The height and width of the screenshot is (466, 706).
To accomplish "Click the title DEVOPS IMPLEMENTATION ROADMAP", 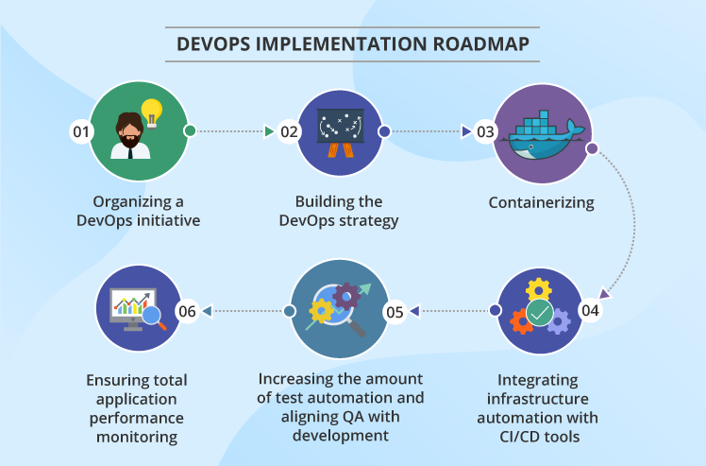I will [x=353, y=43].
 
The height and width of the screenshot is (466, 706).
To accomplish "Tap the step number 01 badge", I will [x=81, y=132].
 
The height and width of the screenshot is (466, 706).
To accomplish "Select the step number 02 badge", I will [x=290, y=132].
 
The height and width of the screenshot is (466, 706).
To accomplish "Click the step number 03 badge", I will [x=485, y=132].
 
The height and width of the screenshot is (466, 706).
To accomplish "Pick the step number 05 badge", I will [x=395, y=310].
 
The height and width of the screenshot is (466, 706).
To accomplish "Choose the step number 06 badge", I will [x=187, y=310].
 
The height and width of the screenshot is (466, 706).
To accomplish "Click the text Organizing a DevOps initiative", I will [x=139, y=211].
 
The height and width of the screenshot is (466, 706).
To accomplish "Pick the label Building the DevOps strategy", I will [x=339, y=211].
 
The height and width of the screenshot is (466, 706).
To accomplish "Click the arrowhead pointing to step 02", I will [x=269, y=131].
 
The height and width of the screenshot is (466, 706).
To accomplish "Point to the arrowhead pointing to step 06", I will [x=207, y=310].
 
